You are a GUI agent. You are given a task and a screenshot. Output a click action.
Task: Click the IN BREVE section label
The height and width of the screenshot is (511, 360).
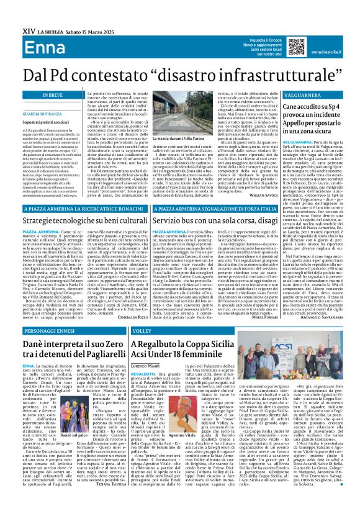click(x=39, y=94)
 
